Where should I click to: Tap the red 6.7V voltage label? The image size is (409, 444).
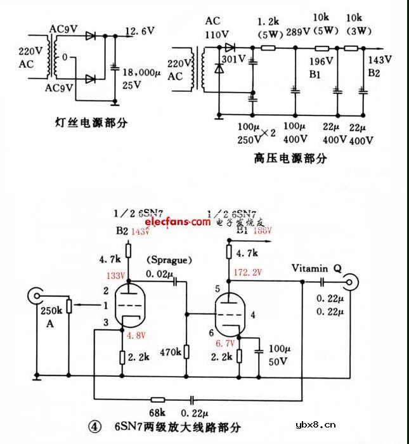(x=225, y=343)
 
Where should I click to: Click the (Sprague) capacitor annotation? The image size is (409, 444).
(x=169, y=261)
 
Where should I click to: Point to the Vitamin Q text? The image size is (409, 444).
(x=316, y=268)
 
